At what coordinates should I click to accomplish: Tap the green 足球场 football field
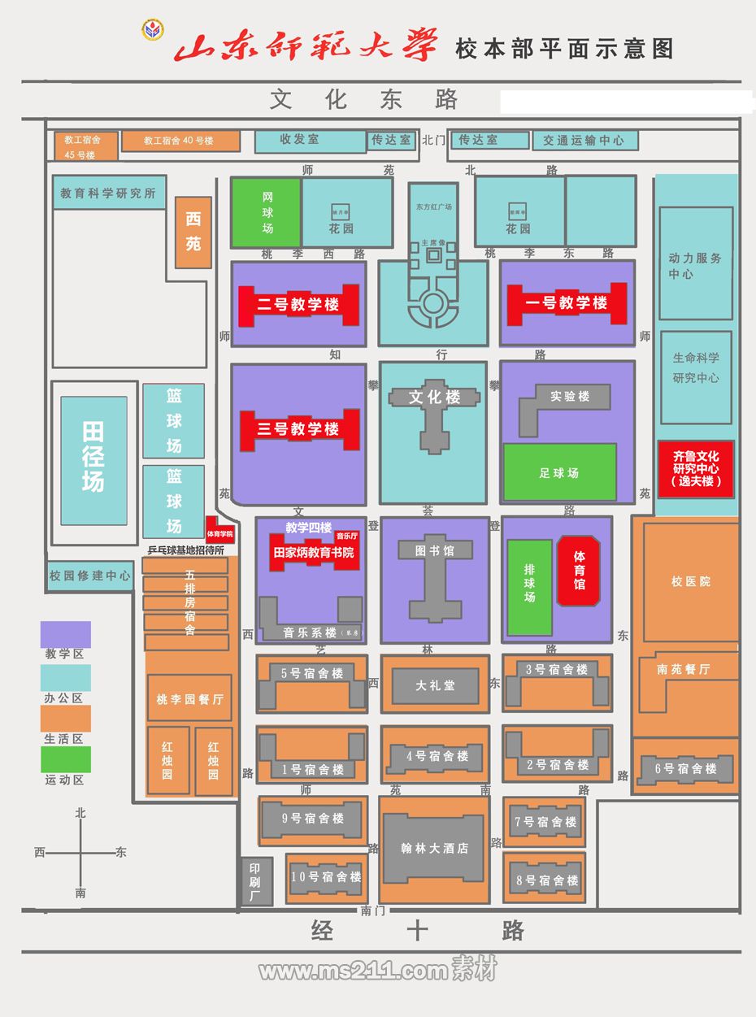click(559, 472)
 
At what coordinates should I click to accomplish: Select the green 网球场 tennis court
click(267, 212)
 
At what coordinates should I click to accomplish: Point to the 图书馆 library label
click(434, 550)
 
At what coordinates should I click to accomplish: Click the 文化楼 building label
click(434, 398)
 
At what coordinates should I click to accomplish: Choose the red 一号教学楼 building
click(567, 303)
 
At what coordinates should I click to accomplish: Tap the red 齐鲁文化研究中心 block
click(696, 469)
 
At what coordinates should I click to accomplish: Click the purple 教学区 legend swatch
click(66, 634)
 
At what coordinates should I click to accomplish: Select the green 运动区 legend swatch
click(66, 759)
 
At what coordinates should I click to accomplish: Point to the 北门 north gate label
click(434, 140)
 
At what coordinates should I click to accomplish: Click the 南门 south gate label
click(372, 911)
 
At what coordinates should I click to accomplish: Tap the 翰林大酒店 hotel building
click(434, 848)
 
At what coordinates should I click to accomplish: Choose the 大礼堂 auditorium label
click(435, 685)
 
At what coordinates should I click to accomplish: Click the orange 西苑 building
click(193, 232)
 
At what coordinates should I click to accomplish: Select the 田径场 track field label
click(93, 456)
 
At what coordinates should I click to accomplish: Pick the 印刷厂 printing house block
click(254, 880)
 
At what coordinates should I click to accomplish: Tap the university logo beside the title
click(152, 31)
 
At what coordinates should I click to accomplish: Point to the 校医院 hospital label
click(690, 582)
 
